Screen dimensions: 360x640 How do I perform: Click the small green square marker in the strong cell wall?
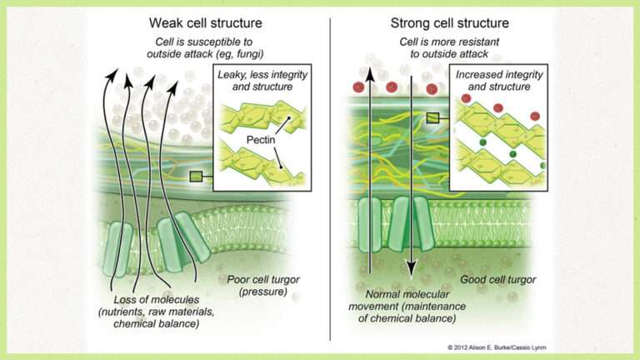coord(433,118)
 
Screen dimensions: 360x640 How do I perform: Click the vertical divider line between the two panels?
coord(330,183)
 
